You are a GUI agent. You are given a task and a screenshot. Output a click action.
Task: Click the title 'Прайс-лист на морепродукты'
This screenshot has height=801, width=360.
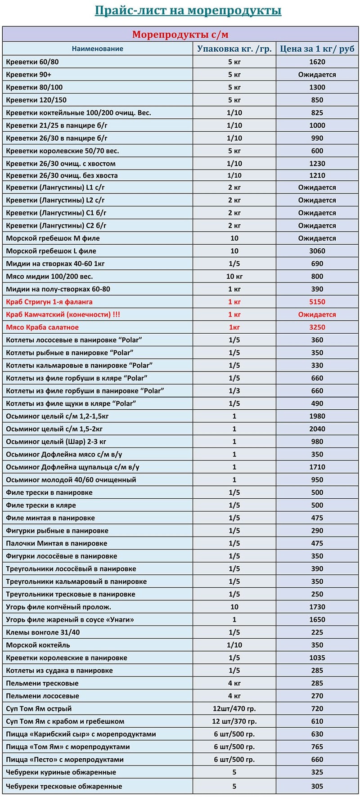188,10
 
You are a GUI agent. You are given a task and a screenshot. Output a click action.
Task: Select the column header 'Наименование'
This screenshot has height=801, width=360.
97,49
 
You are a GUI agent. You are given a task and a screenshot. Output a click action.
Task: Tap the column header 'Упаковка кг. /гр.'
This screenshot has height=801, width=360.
234,49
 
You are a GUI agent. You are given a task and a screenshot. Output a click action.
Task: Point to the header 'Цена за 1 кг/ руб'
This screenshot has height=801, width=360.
317,49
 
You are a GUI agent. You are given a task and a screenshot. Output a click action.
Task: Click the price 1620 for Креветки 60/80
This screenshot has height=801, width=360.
317,62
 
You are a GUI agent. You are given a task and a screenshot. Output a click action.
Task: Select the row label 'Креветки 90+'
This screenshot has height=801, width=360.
29,74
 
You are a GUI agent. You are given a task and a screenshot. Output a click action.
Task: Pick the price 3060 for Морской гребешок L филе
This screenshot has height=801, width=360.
317,251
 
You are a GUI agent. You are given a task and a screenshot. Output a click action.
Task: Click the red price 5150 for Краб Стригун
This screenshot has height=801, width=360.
317,302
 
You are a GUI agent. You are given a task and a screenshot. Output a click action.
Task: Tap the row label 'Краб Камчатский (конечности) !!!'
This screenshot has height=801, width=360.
63,314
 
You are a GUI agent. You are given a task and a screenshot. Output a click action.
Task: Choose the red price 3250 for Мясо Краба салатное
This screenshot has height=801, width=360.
317,327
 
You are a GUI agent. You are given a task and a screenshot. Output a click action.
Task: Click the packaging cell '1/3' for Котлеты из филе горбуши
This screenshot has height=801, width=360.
234,391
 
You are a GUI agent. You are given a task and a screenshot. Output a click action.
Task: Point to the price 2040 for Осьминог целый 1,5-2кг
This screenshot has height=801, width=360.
317,429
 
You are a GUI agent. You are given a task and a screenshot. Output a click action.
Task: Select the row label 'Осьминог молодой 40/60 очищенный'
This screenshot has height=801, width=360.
71,480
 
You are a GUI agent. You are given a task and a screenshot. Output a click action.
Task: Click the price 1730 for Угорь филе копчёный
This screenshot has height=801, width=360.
317,607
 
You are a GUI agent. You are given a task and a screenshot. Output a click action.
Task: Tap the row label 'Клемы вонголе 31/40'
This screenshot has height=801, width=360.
43,632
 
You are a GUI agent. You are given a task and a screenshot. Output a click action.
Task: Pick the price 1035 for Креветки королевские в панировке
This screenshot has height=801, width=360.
317,658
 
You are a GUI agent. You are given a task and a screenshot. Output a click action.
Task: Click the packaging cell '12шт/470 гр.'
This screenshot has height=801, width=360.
234,708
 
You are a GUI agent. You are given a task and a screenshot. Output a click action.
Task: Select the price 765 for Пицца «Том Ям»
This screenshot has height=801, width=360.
317,747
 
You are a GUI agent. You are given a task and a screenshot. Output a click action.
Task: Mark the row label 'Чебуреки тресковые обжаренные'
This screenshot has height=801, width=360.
64,787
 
